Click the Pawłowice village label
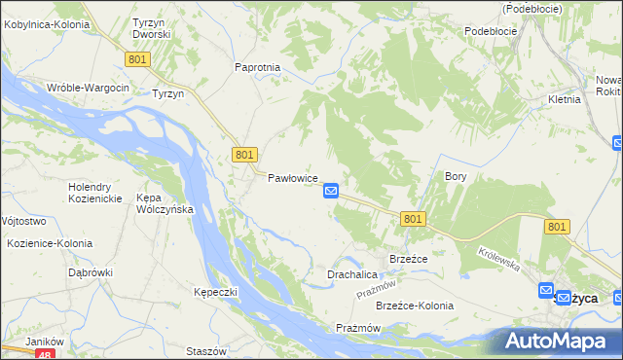pos(294,179)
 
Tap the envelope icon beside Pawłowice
pos(331,191)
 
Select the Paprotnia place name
pos(258,67)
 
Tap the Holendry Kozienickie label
pos(94,192)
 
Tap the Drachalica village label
pos(351,275)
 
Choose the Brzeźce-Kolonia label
pos(415,306)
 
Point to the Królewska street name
pos(500,258)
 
